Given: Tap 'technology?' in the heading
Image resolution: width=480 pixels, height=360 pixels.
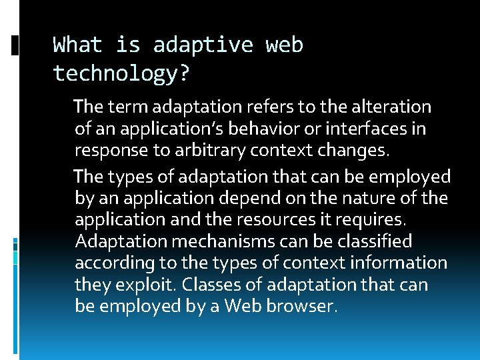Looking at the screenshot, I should coord(121,73).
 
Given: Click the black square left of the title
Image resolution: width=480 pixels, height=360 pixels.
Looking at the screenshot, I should coord(15,45).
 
